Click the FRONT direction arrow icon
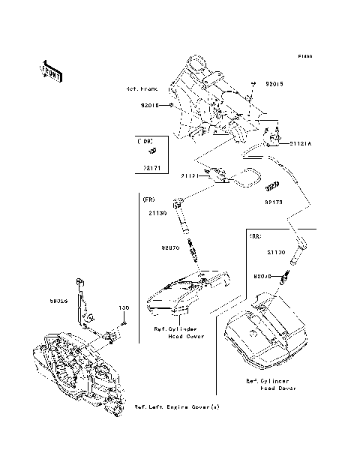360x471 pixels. coord(51,70)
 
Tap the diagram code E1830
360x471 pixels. coord(304,56)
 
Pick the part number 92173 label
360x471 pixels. coord(274,201)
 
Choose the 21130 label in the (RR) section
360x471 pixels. coord(277,253)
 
